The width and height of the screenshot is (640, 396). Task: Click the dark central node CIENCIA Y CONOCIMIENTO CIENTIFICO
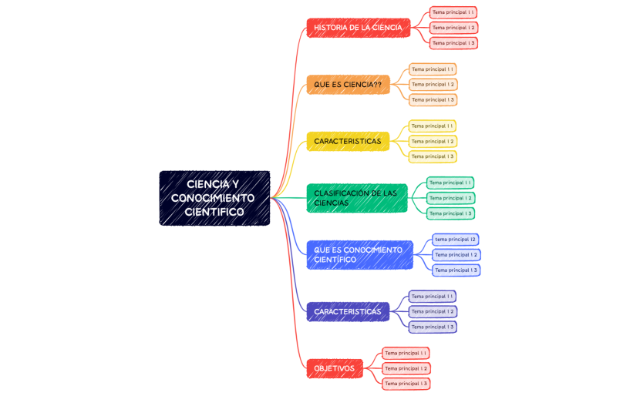[x=214, y=198]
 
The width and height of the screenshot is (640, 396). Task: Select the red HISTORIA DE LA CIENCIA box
[x=358, y=28]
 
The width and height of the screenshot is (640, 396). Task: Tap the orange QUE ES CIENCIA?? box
[x=348, y=84]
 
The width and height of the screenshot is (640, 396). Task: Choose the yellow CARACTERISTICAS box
[x=348, y=141]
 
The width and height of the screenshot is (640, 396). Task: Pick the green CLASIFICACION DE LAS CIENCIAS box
[x=356, y=198]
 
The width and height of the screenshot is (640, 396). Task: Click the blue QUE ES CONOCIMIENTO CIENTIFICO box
[x=359, y=255]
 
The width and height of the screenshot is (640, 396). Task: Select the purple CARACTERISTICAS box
[x=348, y=311]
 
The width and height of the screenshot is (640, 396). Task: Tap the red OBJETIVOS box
[x=335, y=368]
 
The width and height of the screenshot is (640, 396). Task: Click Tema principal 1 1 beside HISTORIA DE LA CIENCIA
[x=453, y=12]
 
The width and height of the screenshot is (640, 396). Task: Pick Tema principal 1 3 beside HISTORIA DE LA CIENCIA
[x=453, y=43]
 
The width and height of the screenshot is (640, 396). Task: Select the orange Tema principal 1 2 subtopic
[x=433, y=84]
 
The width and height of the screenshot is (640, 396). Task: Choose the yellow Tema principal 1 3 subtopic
[x=433, y=156]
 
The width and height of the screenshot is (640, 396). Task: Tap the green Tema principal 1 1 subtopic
[x=450, y=183]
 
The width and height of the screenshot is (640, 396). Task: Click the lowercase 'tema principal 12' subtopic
[x=455, y=240]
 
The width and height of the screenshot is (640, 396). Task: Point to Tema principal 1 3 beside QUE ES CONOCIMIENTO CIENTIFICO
[x=456, y=270]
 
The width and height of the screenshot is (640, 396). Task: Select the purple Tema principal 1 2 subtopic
[x=433, y=311]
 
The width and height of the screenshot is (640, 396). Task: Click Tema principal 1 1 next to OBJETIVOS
[x=406, y=353]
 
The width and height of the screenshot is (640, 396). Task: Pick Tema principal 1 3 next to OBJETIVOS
[x=406, y=384]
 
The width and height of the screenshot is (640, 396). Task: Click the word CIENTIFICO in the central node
[x=214, y=212]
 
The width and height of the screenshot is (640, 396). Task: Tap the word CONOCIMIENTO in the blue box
[x=373, y=250]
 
